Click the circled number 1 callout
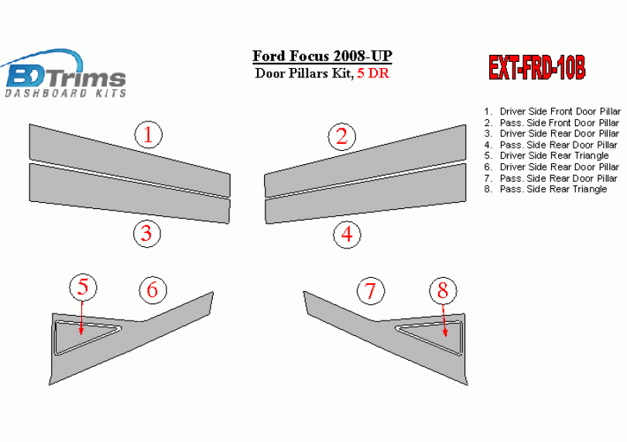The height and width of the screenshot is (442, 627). [149, 135]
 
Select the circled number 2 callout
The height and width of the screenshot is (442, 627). [342, 136]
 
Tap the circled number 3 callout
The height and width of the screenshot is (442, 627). [147, 233]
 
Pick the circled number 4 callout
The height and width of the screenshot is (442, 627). [347, 235]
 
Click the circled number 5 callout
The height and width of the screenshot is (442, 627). [83, 287]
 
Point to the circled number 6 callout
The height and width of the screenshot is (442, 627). [152, 290]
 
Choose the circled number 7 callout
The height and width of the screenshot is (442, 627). [371, 291]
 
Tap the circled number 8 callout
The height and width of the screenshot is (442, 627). [443, 290]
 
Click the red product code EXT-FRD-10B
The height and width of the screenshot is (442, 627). [537, 67]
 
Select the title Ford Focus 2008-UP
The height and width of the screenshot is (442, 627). [322, 56]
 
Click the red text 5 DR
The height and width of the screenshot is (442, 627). [373, 74]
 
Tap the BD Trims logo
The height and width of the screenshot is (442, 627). [64, 74]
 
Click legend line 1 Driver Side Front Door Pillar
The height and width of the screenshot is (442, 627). [552, 111]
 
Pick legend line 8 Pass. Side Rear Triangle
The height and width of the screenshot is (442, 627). [546, 189]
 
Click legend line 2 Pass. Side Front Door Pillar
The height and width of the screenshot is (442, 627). [551, 122]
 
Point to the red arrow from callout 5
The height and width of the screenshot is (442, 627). [81, 317]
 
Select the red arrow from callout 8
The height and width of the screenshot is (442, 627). [444, 320]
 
